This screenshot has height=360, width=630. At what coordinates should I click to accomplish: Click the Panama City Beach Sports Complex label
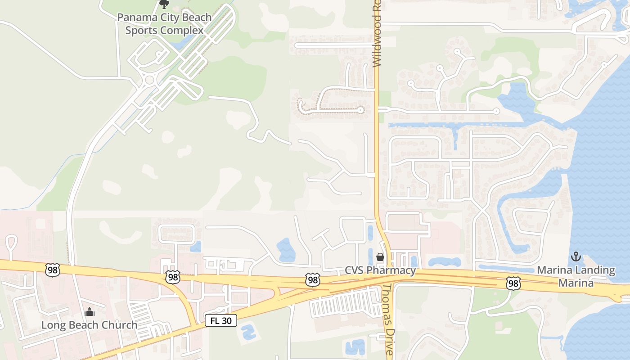click(164, 24)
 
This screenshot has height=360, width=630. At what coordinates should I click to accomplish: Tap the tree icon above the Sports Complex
click(164, 4)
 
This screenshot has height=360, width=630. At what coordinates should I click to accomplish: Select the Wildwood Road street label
click(377, 34)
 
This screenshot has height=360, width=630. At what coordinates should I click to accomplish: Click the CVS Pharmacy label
click(380, 270)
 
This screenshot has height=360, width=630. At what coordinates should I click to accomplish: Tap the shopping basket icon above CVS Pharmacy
click(380, 257)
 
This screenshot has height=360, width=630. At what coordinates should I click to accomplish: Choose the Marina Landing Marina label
click(576, 276)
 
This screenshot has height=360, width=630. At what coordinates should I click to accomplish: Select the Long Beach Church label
click(90, 325)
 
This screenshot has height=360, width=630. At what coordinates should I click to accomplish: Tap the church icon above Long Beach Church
click(90, 312)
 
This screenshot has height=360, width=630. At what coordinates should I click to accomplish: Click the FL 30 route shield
click(221, 320)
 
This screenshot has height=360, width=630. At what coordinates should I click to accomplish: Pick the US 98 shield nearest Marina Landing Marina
click(513, 283)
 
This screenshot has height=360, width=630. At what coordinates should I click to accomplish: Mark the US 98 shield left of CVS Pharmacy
click(313, 280)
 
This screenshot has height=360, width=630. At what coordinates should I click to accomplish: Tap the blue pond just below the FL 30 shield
click(248, 333)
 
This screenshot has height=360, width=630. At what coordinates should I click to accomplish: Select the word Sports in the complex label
click(139, 30)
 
